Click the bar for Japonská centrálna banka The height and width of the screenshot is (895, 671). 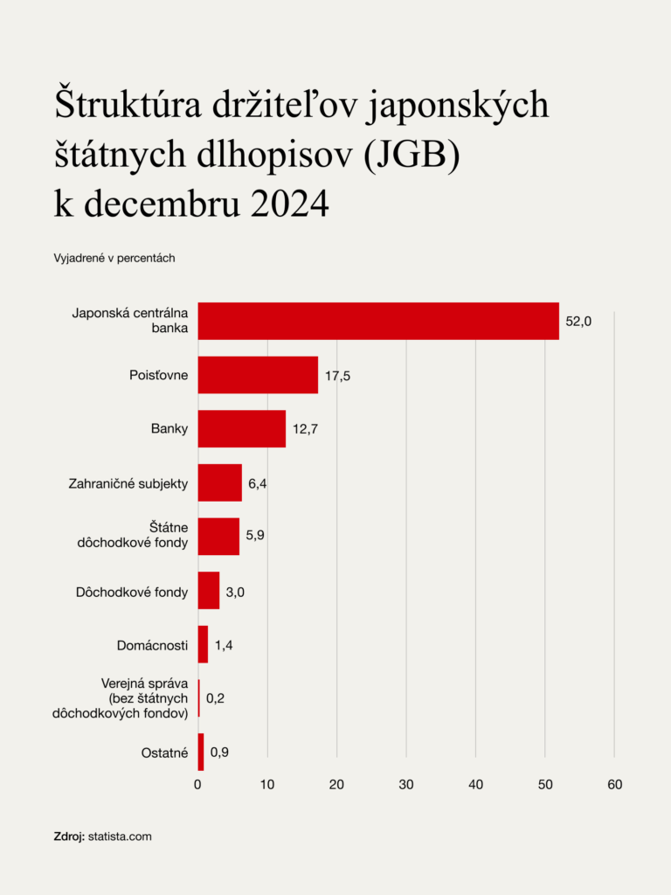tap(378, 321)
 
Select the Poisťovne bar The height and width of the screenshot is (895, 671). tap(258, 375)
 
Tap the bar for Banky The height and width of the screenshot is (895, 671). tap(242, 428)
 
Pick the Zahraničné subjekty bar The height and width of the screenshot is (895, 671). tap(220, 482)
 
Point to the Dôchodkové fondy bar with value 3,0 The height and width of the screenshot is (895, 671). tap(209, 590)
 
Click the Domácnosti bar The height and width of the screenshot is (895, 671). tap(204, 644)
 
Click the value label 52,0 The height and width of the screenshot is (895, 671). tap(578, 322)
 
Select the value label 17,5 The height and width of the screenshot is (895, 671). tap(337, 376)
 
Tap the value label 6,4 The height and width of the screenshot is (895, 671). tap(258, 483)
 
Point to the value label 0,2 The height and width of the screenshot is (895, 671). tap(215, 698)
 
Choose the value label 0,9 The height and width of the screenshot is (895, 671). tap(219, 752)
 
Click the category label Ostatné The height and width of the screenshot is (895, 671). tap(164, 753)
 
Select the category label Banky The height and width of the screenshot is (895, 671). tap(169, 429)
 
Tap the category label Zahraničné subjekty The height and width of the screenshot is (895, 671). tap(128, 483)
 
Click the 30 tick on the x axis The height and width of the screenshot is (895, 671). tap(406, 785)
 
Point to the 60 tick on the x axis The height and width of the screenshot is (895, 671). tap(614, 785)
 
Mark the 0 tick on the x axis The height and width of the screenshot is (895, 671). tap(198, 785)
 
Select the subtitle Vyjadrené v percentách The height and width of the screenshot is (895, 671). tap(114, 258)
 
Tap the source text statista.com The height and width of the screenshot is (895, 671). tap(120, 836)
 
